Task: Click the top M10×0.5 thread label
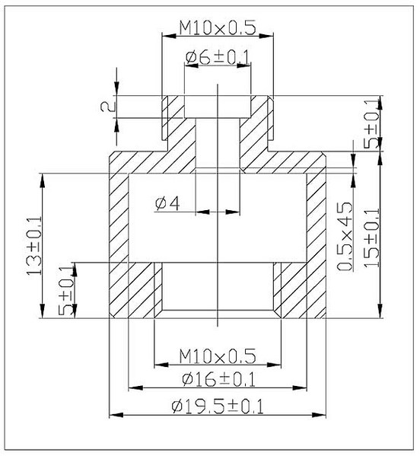tap(218, 28)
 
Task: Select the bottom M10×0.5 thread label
tap(218, 356)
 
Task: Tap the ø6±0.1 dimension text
tap(218, 57)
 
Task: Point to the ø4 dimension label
tap(167, 203)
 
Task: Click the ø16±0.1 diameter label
tap(218, 379)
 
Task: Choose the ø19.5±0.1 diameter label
tap(218, 407)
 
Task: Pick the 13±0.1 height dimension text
tap(34, 246)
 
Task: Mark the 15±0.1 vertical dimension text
tap(372, 238)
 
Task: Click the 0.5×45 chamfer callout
tap(345, 236)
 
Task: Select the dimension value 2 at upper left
tap(108, 107)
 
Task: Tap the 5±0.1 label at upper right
tap(372, 124)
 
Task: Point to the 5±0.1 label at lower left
tap(66, 291)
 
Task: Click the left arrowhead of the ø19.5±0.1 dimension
tap(116, 415)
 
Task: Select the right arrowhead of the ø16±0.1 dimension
tap(300, 388)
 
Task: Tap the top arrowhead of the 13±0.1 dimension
tap(43, 180)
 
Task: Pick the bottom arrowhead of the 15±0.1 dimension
tap(380, 311)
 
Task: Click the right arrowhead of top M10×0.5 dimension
tap(267, 36)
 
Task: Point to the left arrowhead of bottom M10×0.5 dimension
tap(161, 365)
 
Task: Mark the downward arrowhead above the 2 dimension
tap(116, 89)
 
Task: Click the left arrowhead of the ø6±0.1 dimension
tap(192, 65)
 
